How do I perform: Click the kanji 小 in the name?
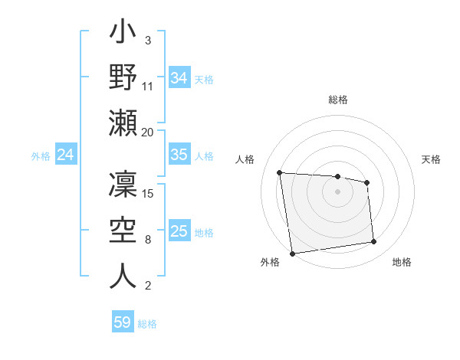tap(123, 35)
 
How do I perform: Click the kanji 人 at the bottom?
tap(123, 275)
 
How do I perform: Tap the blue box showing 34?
tap(179, 77)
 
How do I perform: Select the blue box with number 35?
tap(179, 155)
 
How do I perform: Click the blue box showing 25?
tap(179, 232)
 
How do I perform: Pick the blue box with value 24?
tap(65, 155)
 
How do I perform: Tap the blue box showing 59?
tap(122, 322)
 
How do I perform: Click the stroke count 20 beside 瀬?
tap(148, 133)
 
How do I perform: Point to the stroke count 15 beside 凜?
tap(149, 193)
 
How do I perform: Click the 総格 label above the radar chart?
tap(338, 100)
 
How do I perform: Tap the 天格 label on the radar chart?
tap(431, 159)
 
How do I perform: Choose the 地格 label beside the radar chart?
tap(402, 262)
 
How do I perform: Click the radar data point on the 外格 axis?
tap(292, 253)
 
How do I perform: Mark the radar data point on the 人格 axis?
tap(280, 172)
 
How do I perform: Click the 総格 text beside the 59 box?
tap(147, 324)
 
